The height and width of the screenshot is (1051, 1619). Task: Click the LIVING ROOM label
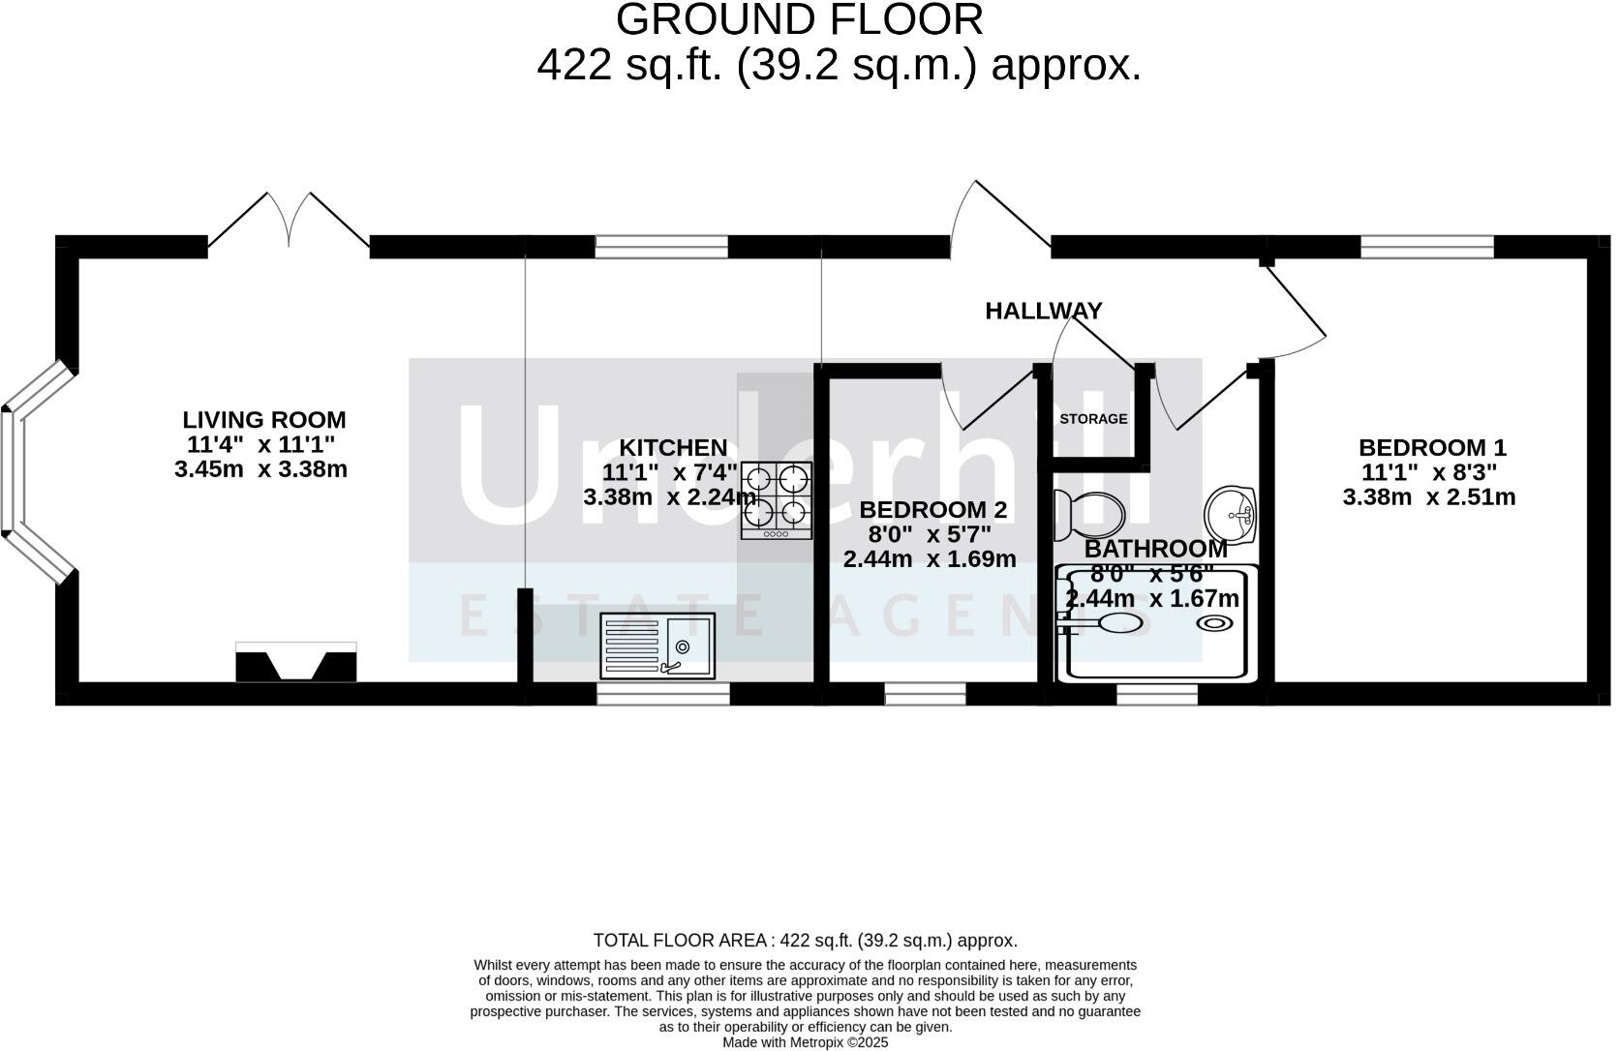(263, 420)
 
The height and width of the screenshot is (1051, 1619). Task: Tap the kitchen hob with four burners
(776, 499)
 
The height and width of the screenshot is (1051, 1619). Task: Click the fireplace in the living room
(295, 663)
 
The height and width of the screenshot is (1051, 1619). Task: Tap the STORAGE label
(1093, 419)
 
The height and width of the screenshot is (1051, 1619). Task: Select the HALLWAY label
(1043, 311)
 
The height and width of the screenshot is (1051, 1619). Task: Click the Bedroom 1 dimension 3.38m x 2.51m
(1428, 497)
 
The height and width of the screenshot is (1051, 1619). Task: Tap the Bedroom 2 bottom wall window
(925, 693)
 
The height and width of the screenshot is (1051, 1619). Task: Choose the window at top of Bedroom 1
(1426, 247)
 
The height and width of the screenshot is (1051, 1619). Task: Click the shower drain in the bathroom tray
(1211, 623)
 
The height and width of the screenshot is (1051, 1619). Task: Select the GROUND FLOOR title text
(799, 19)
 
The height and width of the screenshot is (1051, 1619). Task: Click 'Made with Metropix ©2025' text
(805, 1042)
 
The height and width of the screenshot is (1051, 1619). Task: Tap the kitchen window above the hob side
(660, 247)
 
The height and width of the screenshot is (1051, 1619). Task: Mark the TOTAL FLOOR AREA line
(805, 940)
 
